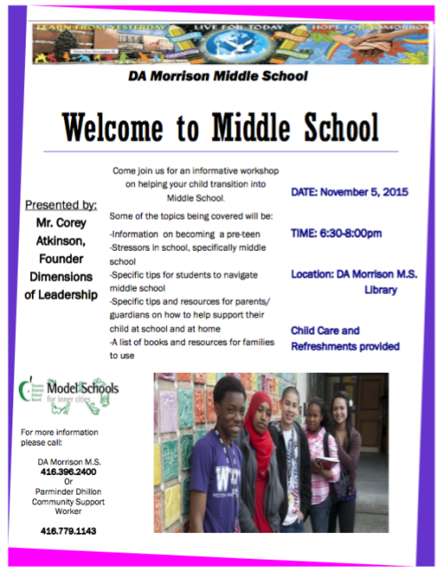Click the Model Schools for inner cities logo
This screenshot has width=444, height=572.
pyautogui.click(x=68, y=390)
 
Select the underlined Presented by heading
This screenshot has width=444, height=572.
pyautogui.click(x=61, y=205)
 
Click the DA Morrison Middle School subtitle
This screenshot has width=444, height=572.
pyautogui.click(x=218, y=77)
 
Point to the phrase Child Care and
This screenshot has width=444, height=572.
pyautogui.click(x=326, y=331)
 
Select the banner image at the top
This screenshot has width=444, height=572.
pyautogui.click(x=219, y=44)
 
